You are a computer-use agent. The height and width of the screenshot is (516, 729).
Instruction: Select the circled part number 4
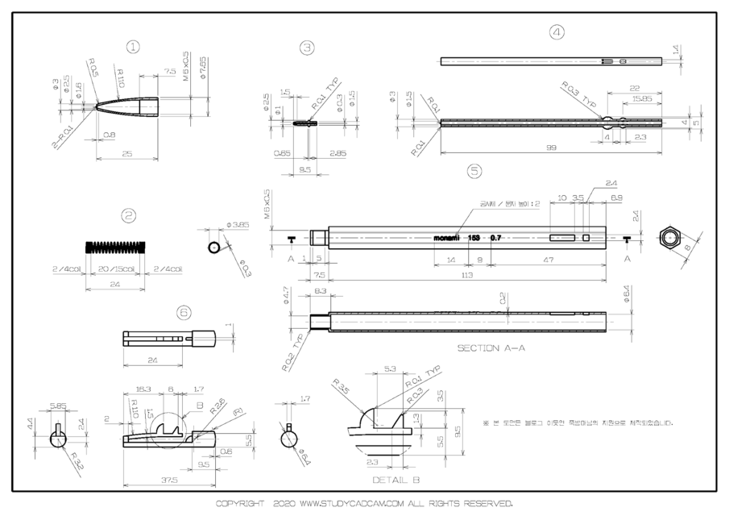tap(557, 32)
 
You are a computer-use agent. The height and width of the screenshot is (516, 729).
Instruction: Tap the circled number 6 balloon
tap(184, 310)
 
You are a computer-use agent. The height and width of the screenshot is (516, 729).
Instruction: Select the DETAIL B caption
tap(394, 479)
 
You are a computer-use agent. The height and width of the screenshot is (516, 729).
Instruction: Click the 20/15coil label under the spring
tap(115, 269)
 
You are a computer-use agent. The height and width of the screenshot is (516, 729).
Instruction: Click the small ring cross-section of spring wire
tap(215, 247)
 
